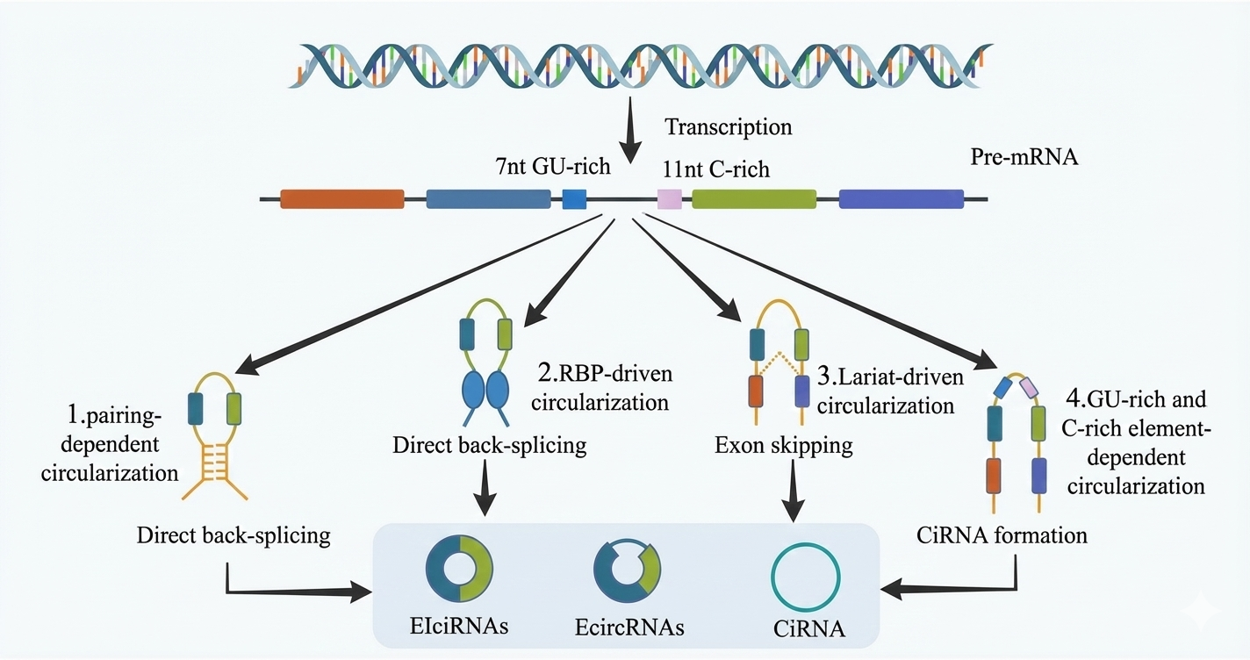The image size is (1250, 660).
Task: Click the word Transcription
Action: point(728,127)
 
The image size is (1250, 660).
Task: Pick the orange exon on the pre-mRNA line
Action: point(342,199)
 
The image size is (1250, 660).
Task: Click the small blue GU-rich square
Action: point(574,199)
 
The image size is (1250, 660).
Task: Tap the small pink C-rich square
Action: point(670,199)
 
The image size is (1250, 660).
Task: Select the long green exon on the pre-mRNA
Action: point(754,199)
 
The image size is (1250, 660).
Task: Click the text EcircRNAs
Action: point(629,628)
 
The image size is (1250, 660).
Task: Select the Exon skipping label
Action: point(784,446)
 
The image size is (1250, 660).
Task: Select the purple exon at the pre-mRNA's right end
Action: point(901,199)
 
